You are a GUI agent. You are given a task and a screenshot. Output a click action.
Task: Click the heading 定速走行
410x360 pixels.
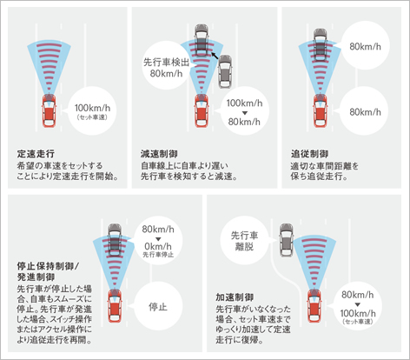click(x=36, y=154)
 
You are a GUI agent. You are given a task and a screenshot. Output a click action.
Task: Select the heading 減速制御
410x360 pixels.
click(x=159, y=154)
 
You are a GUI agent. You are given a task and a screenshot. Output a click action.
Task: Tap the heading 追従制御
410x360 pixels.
click(x=309, y=154)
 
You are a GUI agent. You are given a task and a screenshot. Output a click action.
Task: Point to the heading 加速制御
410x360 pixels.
click(x=235, y=297)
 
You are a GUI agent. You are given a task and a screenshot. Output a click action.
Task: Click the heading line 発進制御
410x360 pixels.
click(x=36, y=277)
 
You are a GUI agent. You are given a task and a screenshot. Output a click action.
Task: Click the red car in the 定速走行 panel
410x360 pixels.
click(x=50, y=110)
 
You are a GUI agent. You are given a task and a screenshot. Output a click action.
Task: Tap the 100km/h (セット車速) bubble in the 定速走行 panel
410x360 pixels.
click(x=92, y=110)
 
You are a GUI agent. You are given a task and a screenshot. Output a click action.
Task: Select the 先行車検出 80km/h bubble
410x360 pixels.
click(x=166, y=65)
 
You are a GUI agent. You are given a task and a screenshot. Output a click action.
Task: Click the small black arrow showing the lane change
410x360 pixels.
click(x=215, y=55)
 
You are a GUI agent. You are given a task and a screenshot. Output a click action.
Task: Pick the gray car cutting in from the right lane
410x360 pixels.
click(x=225, y=71)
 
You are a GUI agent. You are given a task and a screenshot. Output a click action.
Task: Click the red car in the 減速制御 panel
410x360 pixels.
click(x=202, y=110)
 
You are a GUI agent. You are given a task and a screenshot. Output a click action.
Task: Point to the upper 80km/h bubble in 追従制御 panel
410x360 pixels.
click(x=365, y=45)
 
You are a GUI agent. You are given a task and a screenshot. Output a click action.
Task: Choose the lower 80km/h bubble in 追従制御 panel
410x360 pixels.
click(x=365, y=111)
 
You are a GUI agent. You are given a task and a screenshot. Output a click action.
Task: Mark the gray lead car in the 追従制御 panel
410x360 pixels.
click(x=321, y=45)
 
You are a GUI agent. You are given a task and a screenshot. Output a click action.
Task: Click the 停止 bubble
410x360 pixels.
click(x=158, y=306)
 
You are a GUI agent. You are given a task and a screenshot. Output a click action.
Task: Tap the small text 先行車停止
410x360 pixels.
click(x=158, y=255)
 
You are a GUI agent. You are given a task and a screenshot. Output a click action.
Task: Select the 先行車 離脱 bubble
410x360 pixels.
click(x=245, y=241)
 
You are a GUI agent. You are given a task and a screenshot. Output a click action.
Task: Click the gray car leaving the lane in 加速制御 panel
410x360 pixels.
click(x=287, y=240)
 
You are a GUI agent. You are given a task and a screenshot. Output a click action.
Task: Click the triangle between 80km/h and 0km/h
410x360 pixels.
click(x=158, y=239)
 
